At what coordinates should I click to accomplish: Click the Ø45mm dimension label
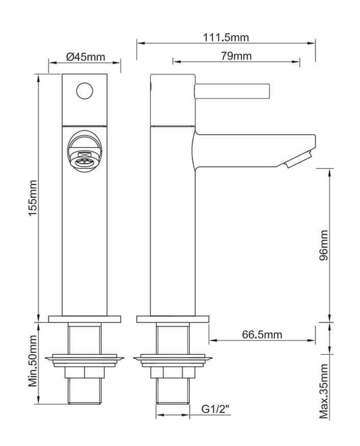84,56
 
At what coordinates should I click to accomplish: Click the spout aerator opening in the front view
84,154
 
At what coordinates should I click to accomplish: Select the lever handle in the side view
232,90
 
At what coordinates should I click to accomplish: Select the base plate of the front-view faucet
85,318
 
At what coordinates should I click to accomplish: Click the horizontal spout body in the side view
250,144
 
